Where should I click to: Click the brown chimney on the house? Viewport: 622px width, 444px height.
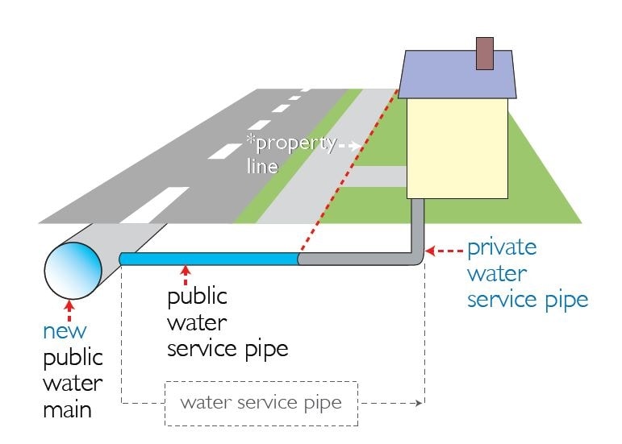[484, 53]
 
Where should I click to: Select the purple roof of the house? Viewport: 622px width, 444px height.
[457, 74]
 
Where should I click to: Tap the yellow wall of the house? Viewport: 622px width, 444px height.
[457, 148]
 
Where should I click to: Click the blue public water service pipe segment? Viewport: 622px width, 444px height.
[209, 259]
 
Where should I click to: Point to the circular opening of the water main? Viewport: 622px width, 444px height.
[73, 271]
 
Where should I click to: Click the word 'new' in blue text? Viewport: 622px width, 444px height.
[65, 331]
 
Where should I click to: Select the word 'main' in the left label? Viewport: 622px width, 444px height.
[67, 410]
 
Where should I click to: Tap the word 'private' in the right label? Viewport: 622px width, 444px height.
[502, 249]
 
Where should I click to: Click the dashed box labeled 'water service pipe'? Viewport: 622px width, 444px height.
[261, 404]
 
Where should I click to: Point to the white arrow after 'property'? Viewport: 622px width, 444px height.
[350, 146]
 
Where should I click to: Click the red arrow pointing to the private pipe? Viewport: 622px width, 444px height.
[445, 251]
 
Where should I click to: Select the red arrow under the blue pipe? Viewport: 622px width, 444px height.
[186, 276]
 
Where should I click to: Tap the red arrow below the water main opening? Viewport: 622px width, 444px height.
[69, 311]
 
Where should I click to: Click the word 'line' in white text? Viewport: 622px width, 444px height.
[262, 166]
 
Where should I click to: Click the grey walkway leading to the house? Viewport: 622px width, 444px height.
[380, 176]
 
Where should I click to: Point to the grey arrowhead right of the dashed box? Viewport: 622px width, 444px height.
[419, 403]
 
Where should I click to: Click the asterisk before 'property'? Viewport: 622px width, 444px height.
[250, 139]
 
